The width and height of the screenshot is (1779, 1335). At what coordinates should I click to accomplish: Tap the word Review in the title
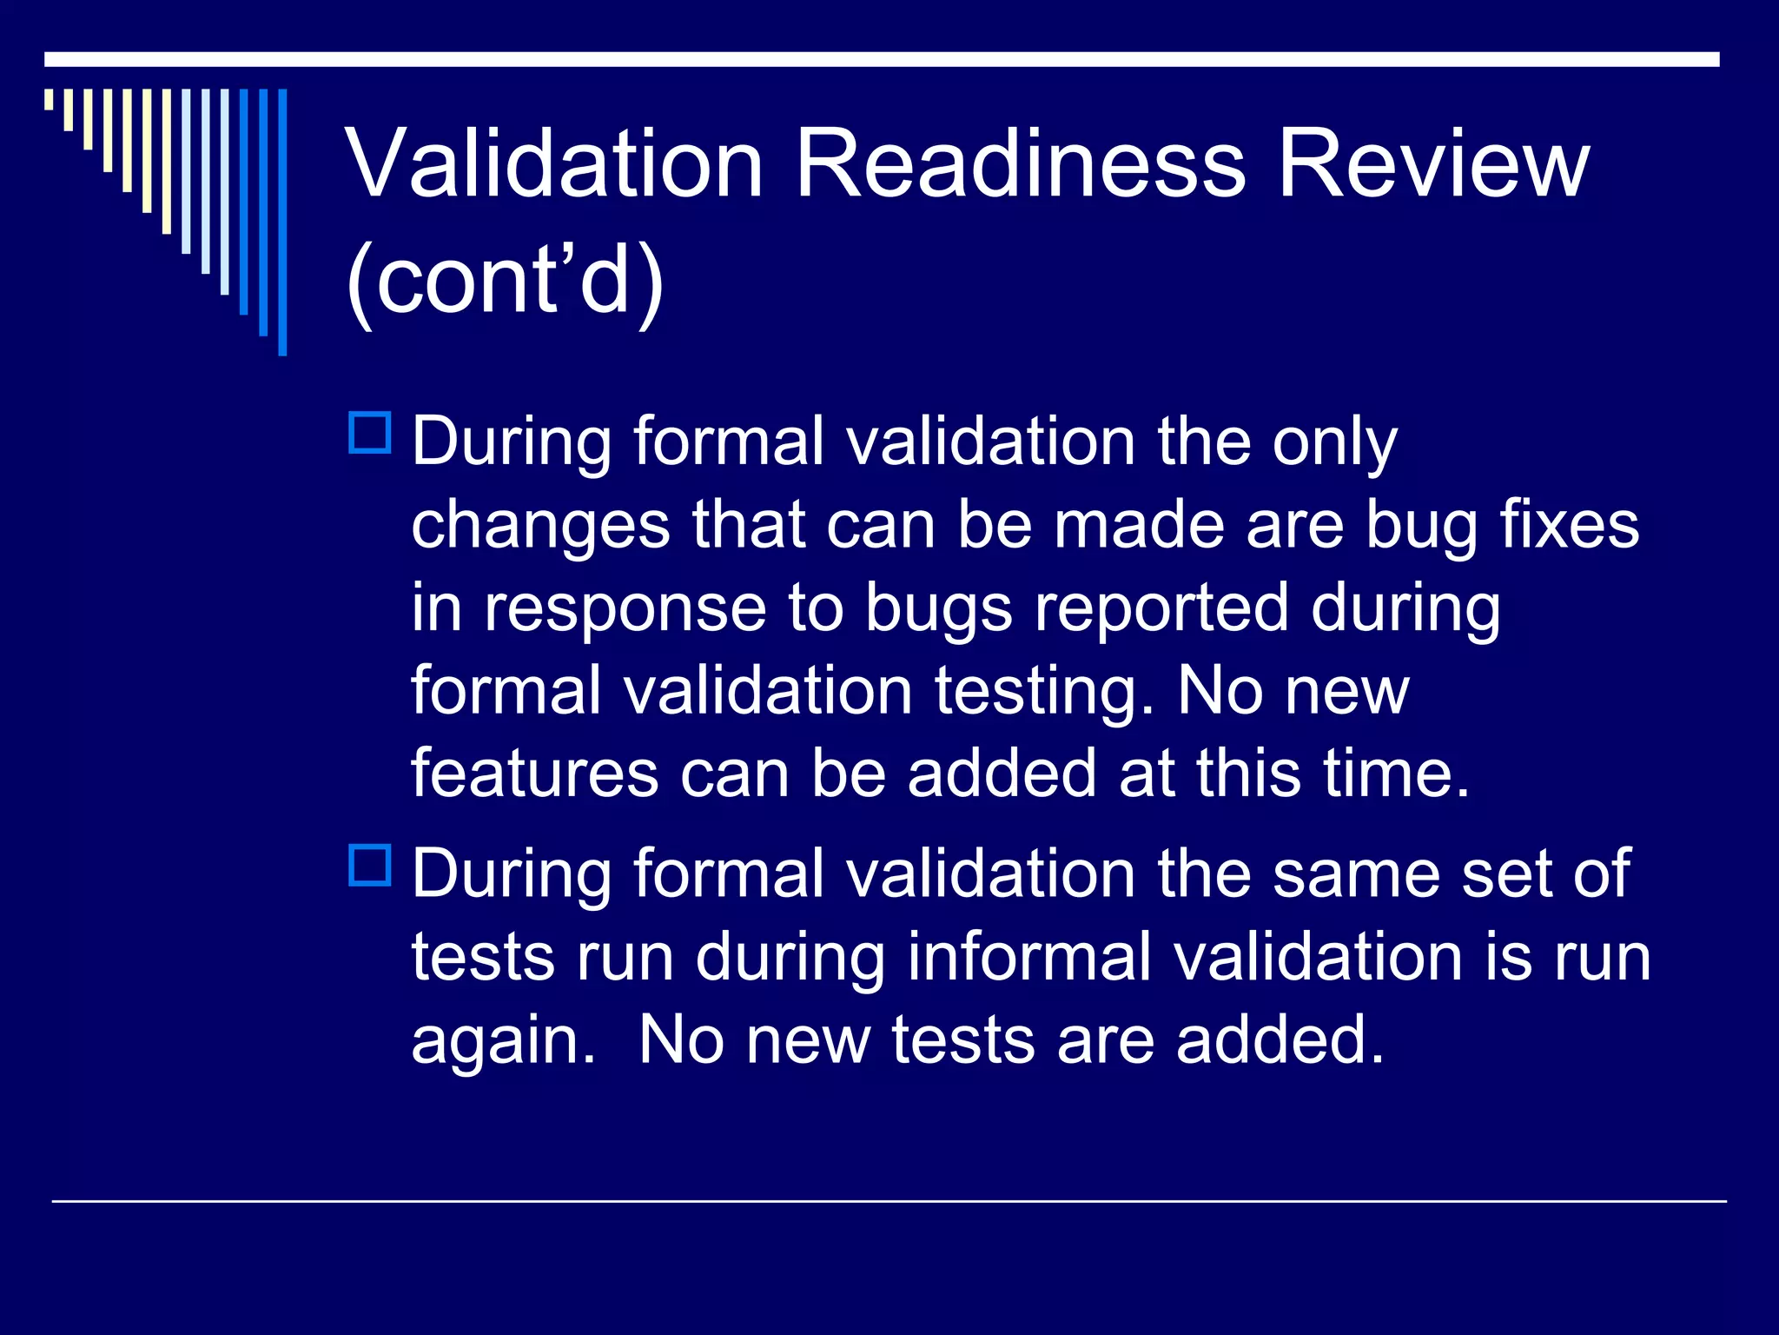[1433, 165]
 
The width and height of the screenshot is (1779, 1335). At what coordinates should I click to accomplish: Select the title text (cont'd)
[506, 280]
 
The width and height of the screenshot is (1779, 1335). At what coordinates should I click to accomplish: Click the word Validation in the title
[554, 165]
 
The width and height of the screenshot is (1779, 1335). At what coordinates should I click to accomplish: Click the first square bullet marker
[370, 433]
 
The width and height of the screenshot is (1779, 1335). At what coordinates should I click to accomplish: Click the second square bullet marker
[370, 865]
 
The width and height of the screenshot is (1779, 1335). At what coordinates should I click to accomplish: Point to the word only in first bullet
[1334, 443]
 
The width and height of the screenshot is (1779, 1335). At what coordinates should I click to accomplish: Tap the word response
[625, 608]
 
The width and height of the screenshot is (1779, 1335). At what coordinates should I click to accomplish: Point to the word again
[502, 1041]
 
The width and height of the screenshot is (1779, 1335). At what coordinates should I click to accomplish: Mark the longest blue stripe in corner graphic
[282, 222]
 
